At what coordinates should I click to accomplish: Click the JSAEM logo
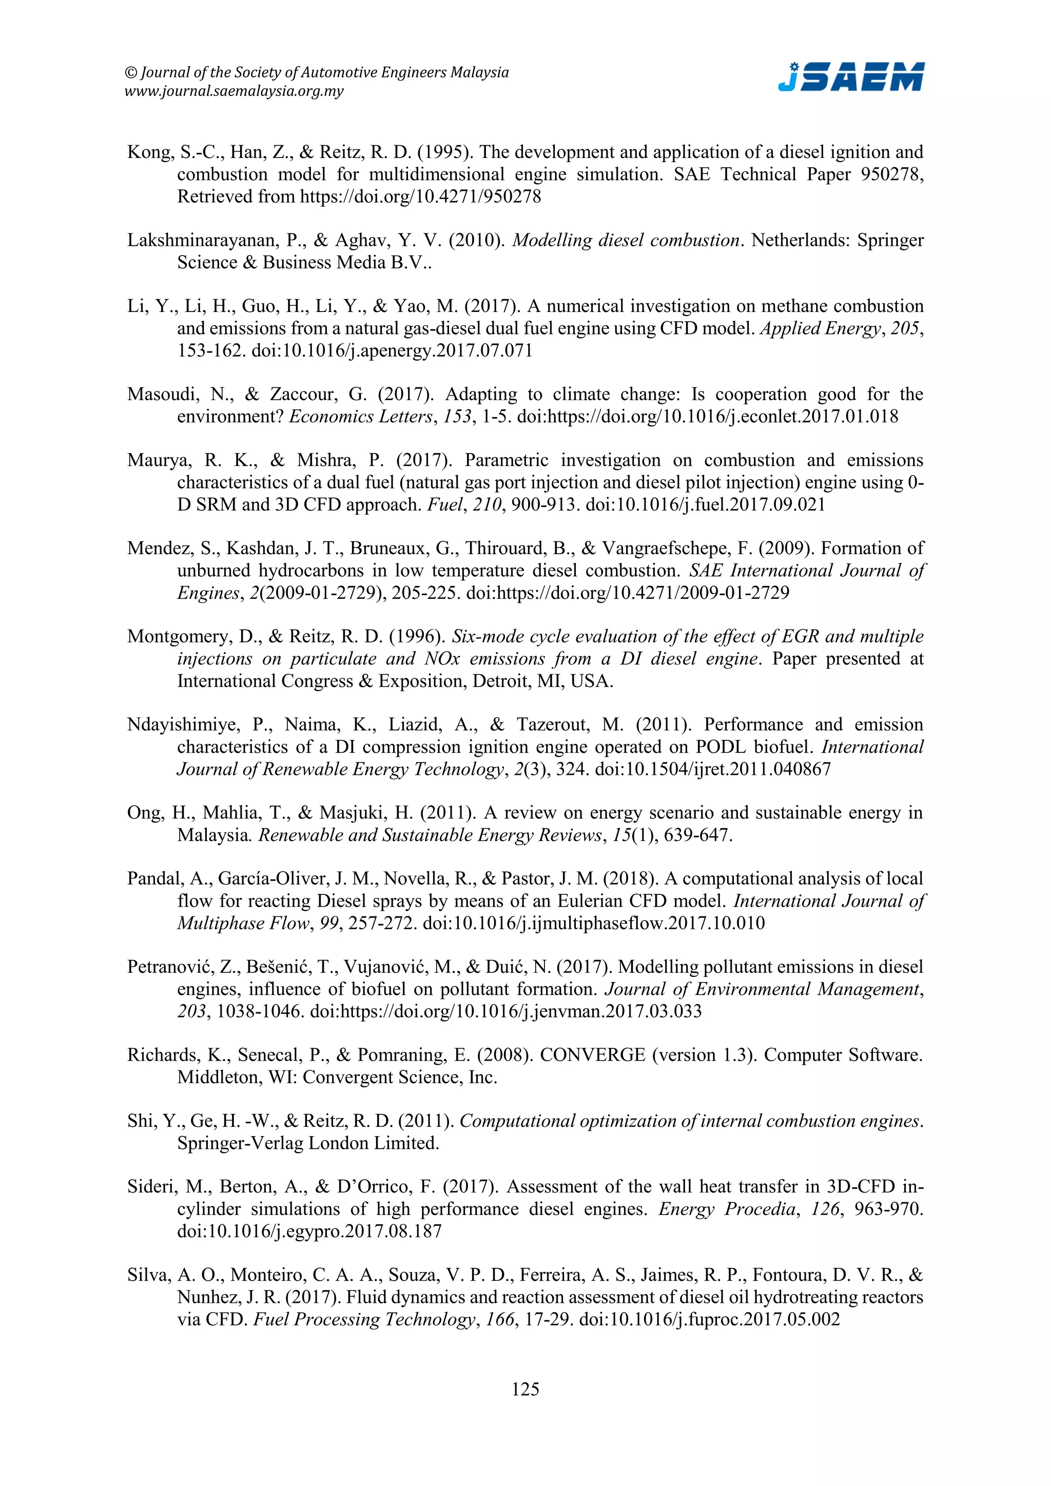(x=850, y=77)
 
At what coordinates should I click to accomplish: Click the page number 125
(x=525, y=1389)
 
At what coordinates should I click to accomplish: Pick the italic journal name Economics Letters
(x=360, y=416)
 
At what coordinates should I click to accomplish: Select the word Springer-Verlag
(x=241, y=1143)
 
